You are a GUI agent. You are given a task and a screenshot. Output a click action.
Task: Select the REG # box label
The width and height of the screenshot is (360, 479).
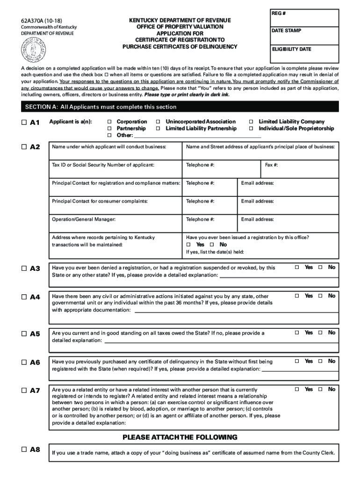279,13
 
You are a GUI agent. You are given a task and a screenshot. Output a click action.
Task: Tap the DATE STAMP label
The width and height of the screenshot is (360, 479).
287,31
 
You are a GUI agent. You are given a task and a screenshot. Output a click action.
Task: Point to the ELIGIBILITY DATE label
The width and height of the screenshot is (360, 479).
292,49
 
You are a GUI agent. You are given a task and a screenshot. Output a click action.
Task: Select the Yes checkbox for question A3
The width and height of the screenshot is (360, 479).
296,267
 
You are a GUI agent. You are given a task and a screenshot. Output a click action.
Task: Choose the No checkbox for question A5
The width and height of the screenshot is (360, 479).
320,333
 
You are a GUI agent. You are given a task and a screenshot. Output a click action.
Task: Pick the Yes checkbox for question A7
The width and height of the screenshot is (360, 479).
296,389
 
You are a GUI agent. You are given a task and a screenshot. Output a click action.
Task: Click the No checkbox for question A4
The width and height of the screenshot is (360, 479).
320,296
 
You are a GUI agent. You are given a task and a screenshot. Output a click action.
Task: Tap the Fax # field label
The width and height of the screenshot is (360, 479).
272,165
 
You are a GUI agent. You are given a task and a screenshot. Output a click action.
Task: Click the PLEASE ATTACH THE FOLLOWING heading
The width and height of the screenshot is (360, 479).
180,437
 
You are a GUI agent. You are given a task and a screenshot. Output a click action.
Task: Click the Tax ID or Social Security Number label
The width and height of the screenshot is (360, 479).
103,165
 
